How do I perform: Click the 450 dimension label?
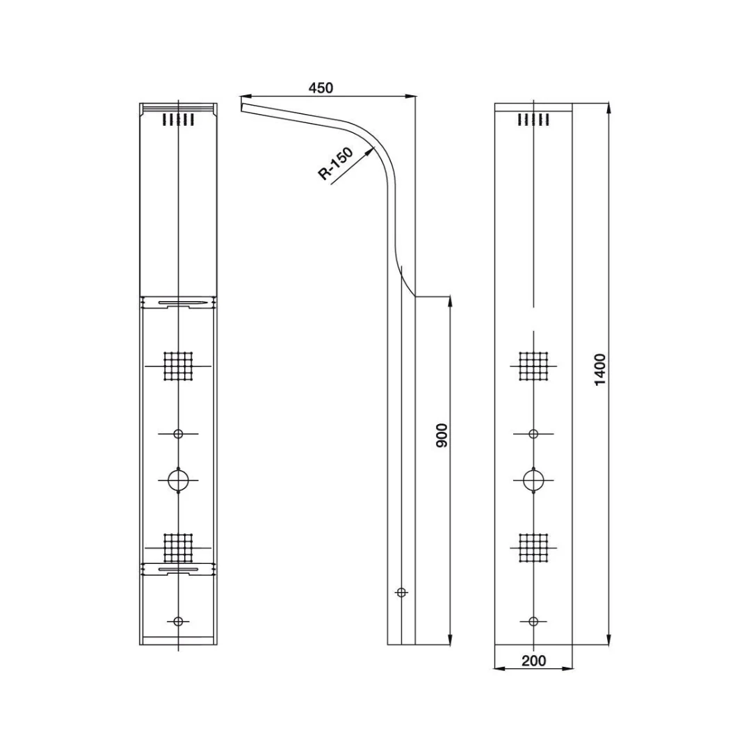click(x=321, y=88)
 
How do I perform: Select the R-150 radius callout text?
click(x=336, y=164)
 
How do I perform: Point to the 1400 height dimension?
click(x=600, y=370)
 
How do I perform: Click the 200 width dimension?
click(x=533, y=661)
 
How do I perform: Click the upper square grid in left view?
click(x=178, y=366)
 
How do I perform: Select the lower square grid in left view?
click(x=178, y=547)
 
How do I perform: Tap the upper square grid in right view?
click(x=533, y=366)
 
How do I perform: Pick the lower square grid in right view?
click(x=533, y=547)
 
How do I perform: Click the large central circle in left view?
click(x=179, y=480)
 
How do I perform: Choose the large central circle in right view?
click(x=533, y=480)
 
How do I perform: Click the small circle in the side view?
click(x=401, y=592)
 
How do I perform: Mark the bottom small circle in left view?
click(x=179, y=621)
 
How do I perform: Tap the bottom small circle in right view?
click(x=533, y=621)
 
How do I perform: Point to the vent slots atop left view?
click(x=178, y=120)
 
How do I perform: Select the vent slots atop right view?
click(x=533, y=120)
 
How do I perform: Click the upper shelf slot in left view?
click(x=182, y=303)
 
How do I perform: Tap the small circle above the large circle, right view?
click(x=533, y=434)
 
